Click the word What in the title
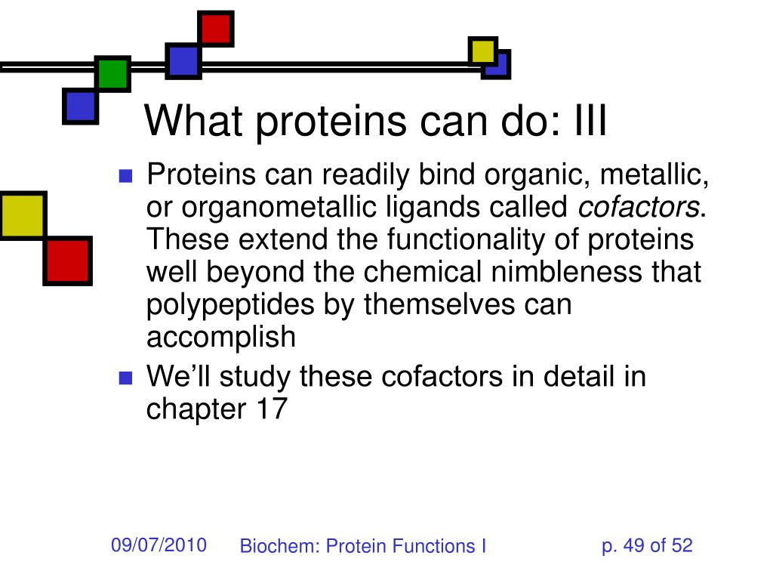click(x=193, y=120)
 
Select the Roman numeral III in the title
click(x=590, y=120)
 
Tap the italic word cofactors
click(x=639, y=207)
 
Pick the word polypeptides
click(x=230, y=305)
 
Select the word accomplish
click(x=221, y=338)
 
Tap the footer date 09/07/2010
click(x=159, y=545)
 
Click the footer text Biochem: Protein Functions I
click(x=363, y=546)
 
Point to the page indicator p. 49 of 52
click(x=647, y=545)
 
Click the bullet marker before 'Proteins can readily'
click(x=126, y=176)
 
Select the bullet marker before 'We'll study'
click(x=126, y=378)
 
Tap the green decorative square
click(x=113, y=73)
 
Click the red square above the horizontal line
click(x=215, y=29)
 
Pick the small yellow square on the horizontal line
click(x=482, y=51)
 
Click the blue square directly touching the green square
click(x=80, y=106)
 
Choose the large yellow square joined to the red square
click(x=23, y=215)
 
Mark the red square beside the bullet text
click(x=67, y=261)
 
